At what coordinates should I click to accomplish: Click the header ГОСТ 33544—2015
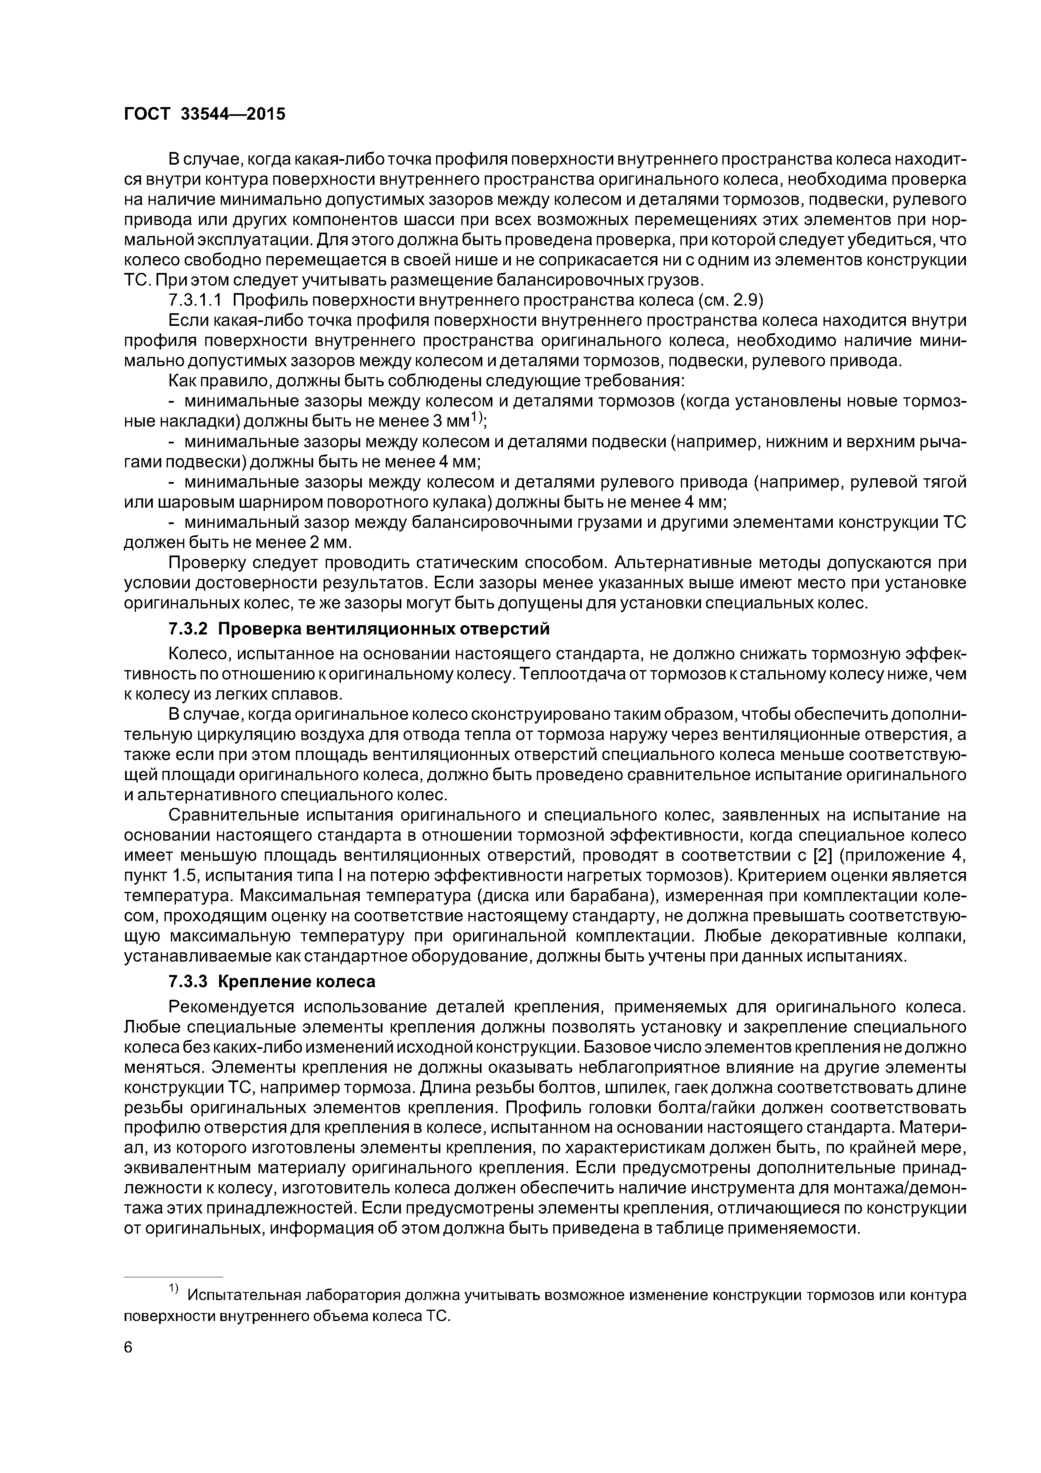point(204,114)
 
